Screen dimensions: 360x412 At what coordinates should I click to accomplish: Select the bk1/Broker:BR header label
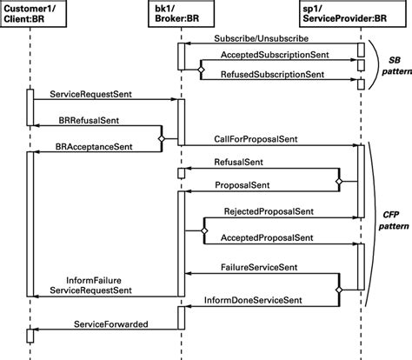point(182,14)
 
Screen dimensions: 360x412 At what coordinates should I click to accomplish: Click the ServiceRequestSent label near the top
point(90,91)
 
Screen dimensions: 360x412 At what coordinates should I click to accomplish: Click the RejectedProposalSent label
point(269,211)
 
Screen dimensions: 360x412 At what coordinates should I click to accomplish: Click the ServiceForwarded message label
point(110,324)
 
